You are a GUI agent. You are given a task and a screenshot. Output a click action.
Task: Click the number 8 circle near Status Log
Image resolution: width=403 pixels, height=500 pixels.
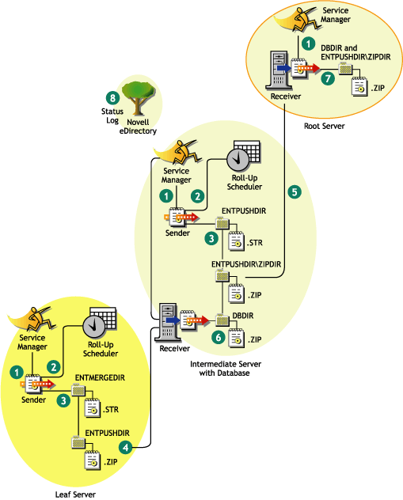pos(113,98)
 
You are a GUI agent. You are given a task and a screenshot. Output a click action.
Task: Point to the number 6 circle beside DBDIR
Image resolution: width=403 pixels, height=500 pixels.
pos(218,336)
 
